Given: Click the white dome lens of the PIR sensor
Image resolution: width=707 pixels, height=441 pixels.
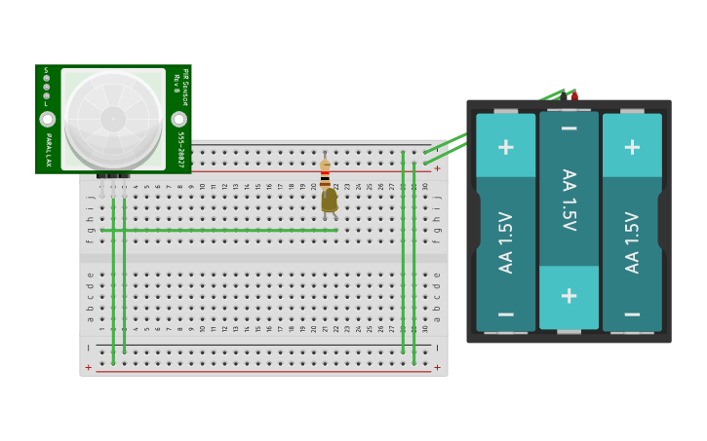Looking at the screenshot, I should (113, 119).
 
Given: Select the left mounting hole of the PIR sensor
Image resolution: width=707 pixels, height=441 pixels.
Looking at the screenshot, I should (47, 119).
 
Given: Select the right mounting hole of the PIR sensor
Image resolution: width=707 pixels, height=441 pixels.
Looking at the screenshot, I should (179, 119).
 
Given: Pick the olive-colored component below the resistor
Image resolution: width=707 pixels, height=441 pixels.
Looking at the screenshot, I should (330, 200).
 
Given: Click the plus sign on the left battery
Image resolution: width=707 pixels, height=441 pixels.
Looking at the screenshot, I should (505, 147).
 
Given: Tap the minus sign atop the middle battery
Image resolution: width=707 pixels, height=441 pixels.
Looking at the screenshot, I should (569, 129).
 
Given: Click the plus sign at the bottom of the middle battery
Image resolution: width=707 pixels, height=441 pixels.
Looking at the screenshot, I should (569, 296).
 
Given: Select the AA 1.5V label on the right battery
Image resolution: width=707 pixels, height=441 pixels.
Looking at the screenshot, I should (632, 242).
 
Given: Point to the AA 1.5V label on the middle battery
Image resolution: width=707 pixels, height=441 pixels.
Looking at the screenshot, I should (569, 200).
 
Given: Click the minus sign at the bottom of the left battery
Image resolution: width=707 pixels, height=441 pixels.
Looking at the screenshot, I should (505, 313).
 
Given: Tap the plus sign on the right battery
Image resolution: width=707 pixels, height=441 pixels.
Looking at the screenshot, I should (632, 147).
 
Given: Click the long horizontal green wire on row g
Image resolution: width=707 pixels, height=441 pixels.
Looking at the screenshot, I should (219, 231).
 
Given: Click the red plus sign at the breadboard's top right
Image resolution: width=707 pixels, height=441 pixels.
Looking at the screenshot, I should (437, 168).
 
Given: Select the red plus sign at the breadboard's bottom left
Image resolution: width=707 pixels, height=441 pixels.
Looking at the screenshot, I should (89, 367).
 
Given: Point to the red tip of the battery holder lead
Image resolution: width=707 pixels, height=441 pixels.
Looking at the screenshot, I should (574, 95).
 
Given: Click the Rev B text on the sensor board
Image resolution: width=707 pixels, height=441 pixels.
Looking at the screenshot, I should (177, 83).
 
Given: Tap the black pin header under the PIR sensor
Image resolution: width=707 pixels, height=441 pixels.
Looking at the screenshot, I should (113, 176).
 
